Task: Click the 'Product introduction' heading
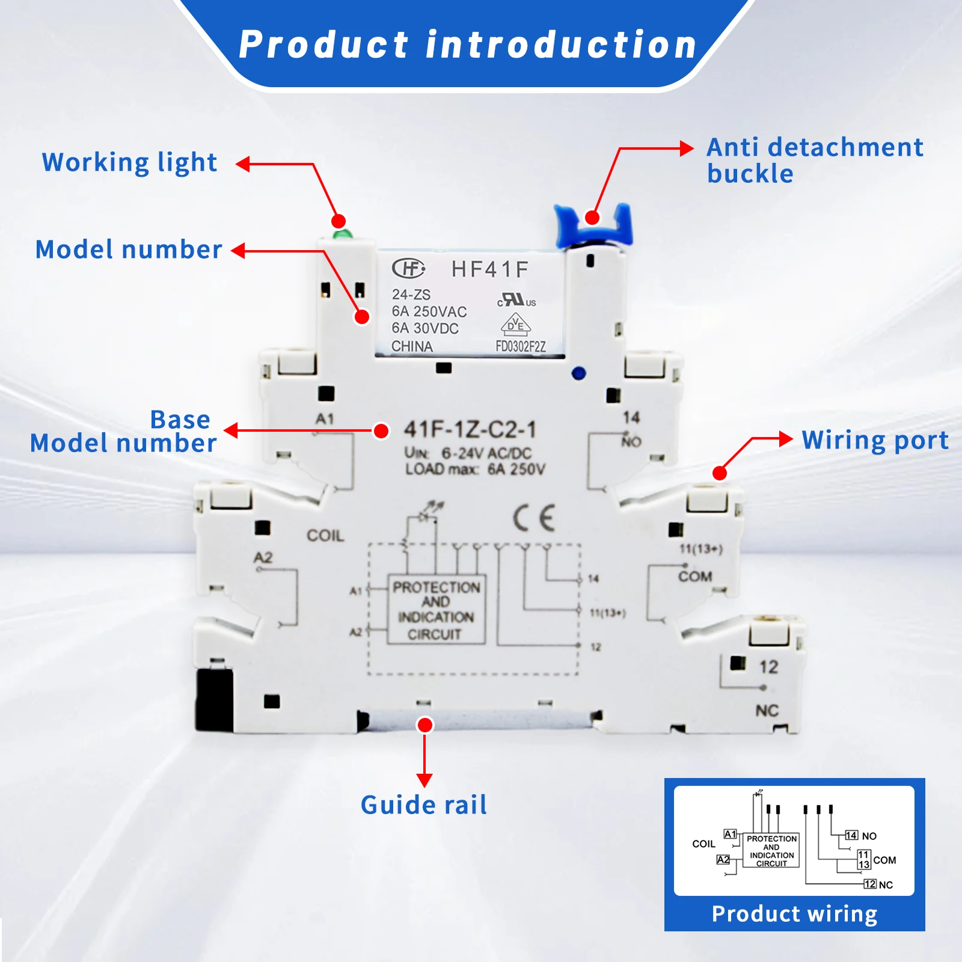468,45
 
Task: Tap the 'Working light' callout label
129,162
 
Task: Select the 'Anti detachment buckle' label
815,160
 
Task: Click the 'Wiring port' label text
875,440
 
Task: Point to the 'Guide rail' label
424,804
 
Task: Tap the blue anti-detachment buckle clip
593,225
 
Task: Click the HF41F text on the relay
490,269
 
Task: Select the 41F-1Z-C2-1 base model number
470,429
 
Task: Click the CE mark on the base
534,518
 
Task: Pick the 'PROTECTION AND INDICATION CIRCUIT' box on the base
436,610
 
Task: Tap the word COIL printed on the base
325,535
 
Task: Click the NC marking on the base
767,711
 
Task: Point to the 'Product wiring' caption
794,914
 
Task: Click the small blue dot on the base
578,373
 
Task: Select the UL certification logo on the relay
516,299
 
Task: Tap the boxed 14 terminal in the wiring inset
851,835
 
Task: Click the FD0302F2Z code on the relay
521,346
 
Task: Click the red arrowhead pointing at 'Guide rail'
424,780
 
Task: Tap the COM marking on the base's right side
695,577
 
